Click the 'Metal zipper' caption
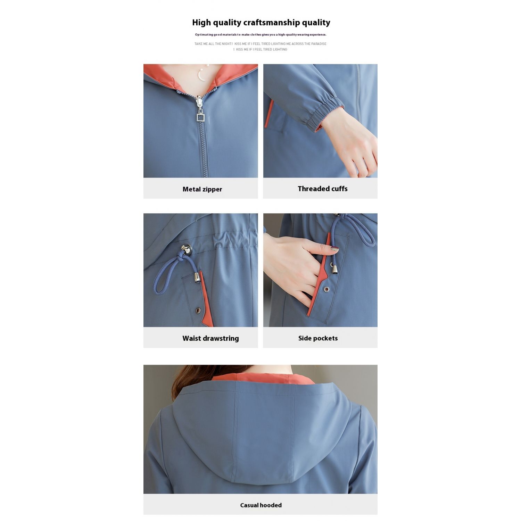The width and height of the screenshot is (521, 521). [202, 189]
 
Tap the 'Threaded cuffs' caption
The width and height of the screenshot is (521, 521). [323, 189]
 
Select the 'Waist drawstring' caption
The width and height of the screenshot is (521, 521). [210, 338]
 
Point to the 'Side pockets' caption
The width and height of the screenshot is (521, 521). [318, 338]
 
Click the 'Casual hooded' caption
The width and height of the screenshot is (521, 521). [261, 505]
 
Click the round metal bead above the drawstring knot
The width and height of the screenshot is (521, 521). [187, 249]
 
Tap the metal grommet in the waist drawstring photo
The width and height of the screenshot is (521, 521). [198, 311]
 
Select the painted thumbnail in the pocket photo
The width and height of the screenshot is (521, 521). [334, 249]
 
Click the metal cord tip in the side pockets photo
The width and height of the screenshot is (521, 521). [334, 268]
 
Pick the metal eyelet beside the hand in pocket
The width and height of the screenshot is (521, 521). [326, 289]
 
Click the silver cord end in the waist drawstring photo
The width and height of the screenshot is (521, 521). [197, 277]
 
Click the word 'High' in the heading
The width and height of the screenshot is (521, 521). [201, 23]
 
